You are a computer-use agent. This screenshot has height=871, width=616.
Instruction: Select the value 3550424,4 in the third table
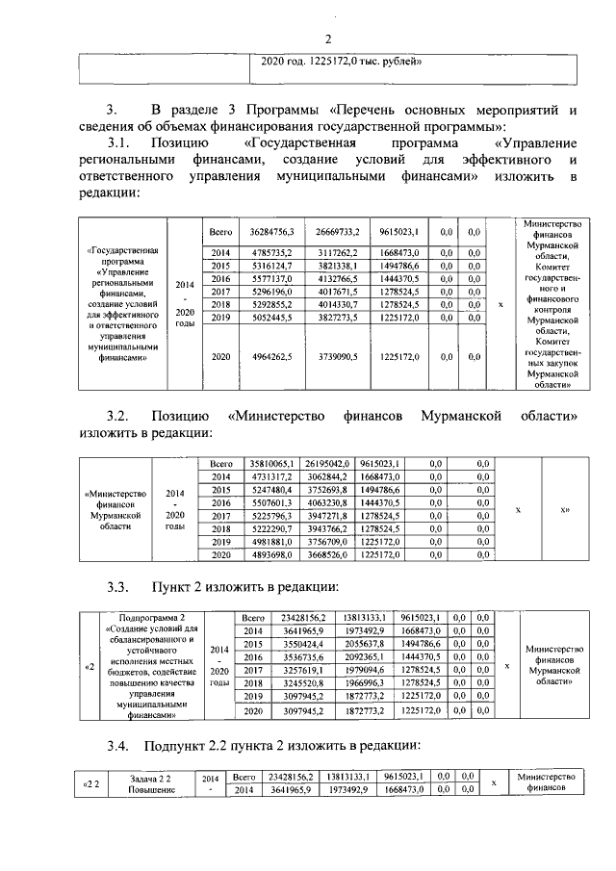tap(302, 642)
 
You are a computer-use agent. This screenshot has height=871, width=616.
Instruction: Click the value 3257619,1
tap(302, 669)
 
